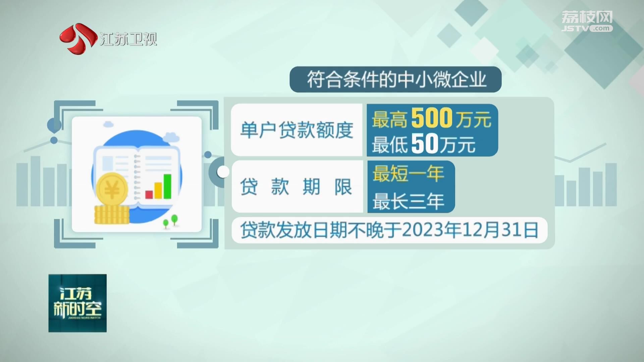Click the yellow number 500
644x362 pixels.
pos(432,118)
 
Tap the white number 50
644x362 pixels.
pos(425,143)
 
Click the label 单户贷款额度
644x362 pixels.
pos(297,130)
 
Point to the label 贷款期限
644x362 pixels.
pos(296,186)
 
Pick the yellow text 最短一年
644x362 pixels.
pos(408,174)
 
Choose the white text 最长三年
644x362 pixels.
pos(408,201)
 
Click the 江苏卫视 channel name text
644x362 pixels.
pos(128,39)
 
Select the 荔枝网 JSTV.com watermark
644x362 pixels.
pos(587,21)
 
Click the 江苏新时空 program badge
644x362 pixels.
pos(77,303)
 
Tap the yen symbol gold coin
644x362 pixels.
pos(112,189)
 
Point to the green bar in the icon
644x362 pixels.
pos(167,186)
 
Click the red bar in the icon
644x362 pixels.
pos(149,194)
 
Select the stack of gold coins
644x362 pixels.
pos(112,215)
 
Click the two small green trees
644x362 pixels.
pos(170,222)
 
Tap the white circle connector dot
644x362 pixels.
pos(223,172)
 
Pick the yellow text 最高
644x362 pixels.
pos(390,119)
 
